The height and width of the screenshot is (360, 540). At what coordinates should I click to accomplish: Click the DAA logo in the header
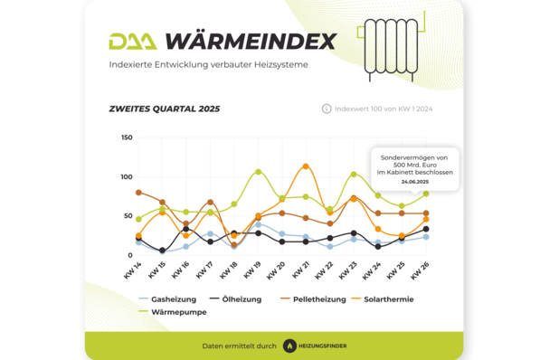(133, 42)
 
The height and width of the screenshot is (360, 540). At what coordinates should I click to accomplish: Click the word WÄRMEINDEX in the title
(251, 42)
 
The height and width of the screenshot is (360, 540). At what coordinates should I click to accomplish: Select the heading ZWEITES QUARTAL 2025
(163, 109)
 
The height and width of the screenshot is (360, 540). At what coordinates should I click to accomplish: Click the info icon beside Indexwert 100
(327, 109)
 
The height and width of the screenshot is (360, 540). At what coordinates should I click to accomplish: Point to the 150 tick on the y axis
(127, 137)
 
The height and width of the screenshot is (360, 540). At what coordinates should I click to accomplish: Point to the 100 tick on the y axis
(127, 176)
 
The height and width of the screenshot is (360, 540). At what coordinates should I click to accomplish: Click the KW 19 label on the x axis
(254, 269)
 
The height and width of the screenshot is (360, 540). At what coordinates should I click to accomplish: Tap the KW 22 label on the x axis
(326, 269)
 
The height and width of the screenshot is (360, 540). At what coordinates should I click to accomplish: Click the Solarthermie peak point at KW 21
(306, 166)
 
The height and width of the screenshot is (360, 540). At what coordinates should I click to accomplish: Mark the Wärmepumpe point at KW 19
(258, 172)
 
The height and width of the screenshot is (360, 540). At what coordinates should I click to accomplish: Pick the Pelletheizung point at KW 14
(139, 193)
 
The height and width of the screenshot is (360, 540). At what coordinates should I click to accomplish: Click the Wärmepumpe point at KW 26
(425, 194)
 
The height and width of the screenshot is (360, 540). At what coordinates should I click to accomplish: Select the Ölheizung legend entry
(237, 298)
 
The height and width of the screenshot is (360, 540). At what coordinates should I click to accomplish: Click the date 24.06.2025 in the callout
(416, 182)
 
